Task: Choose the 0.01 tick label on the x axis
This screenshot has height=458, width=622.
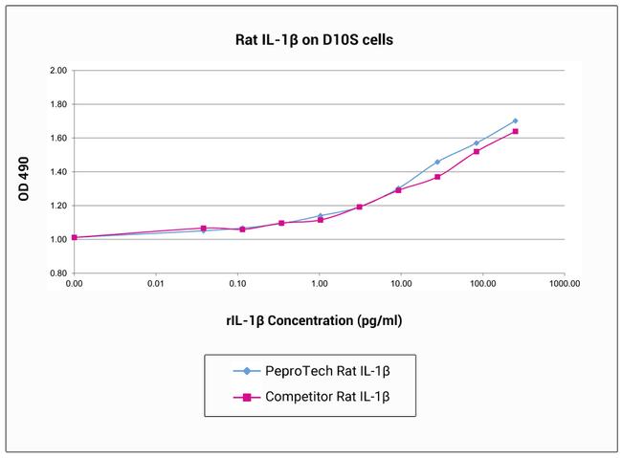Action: [156, 284]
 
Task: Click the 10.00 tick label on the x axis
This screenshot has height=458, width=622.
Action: [401, 284]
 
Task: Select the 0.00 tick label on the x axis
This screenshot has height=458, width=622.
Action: [75, 284]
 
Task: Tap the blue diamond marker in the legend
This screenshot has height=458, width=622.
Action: [248, 370]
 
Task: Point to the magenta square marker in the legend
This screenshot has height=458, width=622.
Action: [248, 396]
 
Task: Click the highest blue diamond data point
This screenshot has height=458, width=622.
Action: [515, 121]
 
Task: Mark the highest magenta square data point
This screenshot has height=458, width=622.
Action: [516, 131]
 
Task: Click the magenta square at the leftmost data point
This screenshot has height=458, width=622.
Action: [75, 237]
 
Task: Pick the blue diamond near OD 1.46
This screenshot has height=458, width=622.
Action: [437, 162]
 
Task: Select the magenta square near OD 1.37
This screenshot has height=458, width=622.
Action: [437, 177]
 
